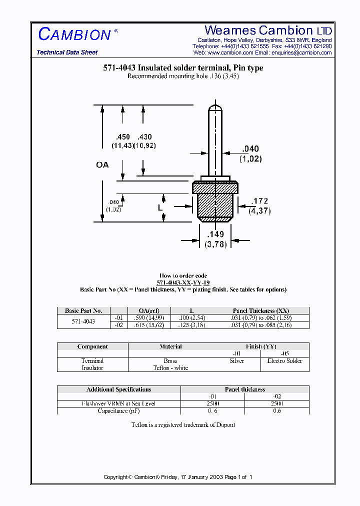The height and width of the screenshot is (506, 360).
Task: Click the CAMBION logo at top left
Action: (x=74, y=34)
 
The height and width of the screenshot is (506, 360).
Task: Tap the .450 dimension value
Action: (x=122, y=137)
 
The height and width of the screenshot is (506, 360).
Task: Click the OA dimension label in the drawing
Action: (x=102, y=164)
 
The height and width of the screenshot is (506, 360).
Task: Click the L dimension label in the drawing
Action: (x=160, y=207)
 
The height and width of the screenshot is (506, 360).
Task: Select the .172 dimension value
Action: (x=259, y=201)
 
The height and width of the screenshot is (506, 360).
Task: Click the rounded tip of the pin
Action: (x=215, y=107)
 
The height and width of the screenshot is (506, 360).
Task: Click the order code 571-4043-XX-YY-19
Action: (x=183, y=282)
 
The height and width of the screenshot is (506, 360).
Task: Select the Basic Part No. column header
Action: (x=83, y=310)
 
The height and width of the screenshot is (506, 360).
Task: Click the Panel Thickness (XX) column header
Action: (x=260, y=310)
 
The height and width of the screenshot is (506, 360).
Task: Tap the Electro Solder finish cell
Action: (x=284, y=360)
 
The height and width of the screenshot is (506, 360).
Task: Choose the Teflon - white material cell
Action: (x=170, y=368)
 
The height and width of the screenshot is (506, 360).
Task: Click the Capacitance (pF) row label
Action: (x=118, y=410)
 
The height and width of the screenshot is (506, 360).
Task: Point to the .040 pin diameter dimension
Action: (x=250, y=148)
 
